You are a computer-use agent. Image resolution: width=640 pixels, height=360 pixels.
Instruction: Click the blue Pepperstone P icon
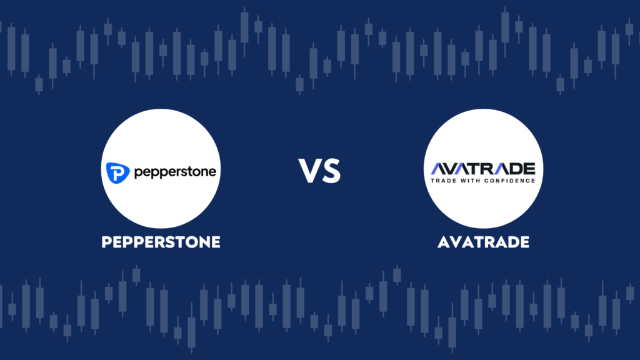(x=118, y=172)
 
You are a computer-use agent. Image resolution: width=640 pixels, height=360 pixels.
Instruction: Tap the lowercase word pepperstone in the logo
(x=175, y=172)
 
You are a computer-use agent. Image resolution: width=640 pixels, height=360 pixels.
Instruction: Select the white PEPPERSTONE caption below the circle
(x=161, y=242)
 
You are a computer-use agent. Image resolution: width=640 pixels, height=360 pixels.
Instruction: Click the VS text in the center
(x=319, y=171)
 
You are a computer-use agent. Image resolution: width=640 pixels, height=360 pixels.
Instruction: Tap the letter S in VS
(x=331, y=171)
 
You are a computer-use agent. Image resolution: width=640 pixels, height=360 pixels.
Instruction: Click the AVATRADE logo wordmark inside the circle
(x=483, y=169)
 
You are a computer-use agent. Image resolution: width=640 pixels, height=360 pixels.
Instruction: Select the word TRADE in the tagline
(x=444, y=181)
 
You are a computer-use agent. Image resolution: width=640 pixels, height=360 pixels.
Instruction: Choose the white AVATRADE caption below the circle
(x=483, y=242)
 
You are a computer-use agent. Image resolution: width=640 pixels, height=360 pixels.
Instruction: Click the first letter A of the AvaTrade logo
(x=439, y=169)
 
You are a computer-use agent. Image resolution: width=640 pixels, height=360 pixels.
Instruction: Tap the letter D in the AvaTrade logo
(x=512, y=169)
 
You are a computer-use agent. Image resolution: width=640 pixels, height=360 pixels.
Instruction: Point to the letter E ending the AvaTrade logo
(x=529, y=169)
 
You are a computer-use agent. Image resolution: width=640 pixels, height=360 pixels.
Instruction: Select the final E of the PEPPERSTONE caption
(x=216, y=242)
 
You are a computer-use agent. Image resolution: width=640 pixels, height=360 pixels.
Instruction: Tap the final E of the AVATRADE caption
(x=525, y=242)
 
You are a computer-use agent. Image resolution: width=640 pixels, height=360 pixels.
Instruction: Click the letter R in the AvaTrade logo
(x=482, y=169)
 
